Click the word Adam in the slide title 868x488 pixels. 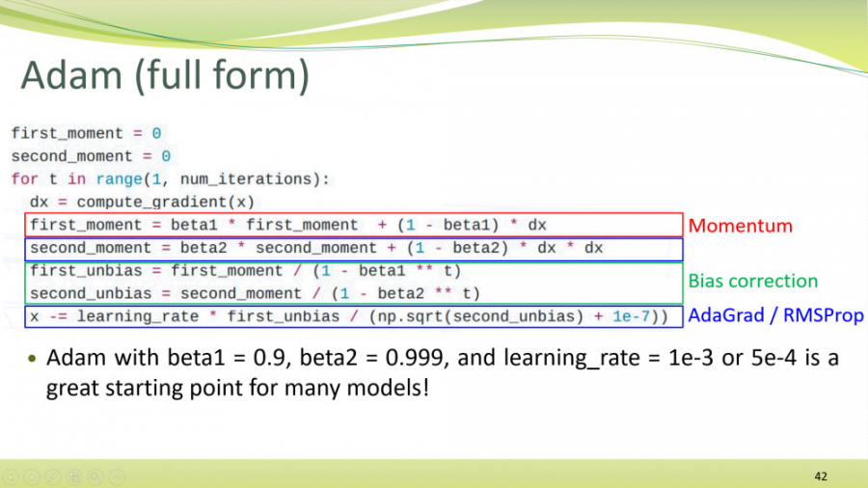click(x=71, y=75)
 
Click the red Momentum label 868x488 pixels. click(x=740, y=226)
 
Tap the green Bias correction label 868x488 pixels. click(x=753, y=281)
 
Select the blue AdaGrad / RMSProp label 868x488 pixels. click(x=775, y=315)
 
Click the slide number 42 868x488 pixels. click(x=821, y=476)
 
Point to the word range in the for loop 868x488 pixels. click(x=119, y=179)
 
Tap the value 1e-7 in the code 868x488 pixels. click(x=631, y=316)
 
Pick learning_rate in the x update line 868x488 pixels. click(x=137, y=316)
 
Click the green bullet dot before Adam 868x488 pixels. click(x=32, y=359)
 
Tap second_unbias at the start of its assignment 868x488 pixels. click(x=91, y=294)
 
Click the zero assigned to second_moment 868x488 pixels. click(x=166, y=156)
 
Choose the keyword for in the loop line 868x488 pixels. click(x=25, y=179)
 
